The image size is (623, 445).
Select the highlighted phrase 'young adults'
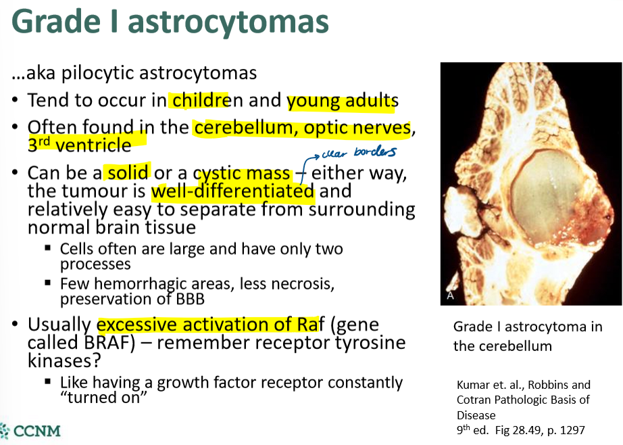(342, 101)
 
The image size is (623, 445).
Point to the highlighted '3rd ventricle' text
(79, 144)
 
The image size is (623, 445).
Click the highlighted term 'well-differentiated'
(232, 191)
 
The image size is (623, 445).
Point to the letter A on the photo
(451, 296)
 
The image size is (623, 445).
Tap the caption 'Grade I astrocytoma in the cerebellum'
(528, 336)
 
